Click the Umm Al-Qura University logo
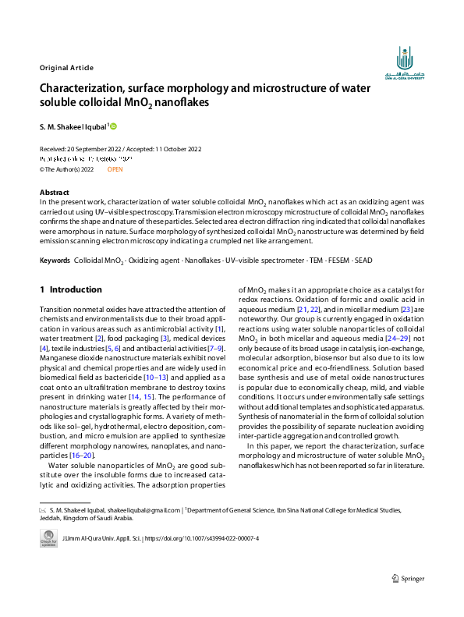404,63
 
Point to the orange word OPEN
115,168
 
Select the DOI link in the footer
201,539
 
